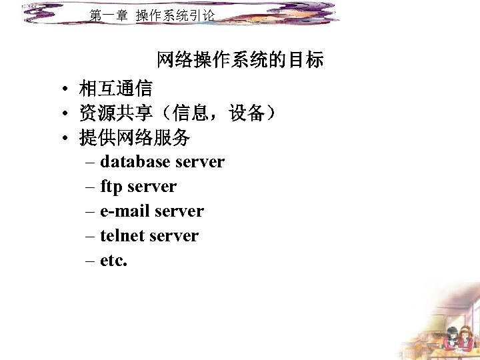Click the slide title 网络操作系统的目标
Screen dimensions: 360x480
point(240,61)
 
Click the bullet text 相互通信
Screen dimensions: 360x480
point(115,88)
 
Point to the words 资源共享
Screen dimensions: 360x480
point(115,113)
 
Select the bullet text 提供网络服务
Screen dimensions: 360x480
point(135,139)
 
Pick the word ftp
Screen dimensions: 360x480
point(111,187)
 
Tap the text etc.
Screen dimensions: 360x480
point(113,261)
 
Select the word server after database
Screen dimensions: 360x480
point(199,162)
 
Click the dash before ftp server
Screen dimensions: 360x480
point(91,187)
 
